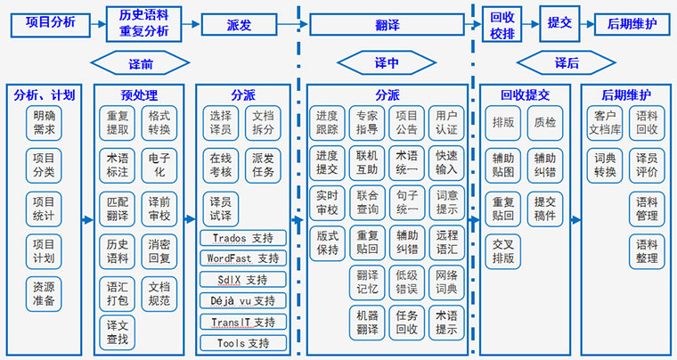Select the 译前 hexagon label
click(x=140, y=63)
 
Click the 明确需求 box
click(x=44, y=124)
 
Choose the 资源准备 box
click(x=44, y=294)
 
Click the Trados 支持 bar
click(x=242, y=239)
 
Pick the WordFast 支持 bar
click(x=242, y=259)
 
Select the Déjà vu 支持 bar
click(x=242, y=300)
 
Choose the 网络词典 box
click(x=446, y=282)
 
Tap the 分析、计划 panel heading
click(x=45, y=94)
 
